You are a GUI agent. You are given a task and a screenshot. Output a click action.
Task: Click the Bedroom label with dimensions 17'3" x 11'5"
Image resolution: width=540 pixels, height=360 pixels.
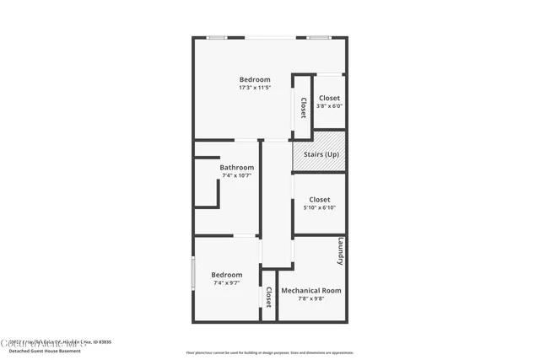click(x=254, y=79)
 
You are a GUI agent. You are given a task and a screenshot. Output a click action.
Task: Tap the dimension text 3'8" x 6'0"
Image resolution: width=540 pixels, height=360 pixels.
click(x=329, y=106)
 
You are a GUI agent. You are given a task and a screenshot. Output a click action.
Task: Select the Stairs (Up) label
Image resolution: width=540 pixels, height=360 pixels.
click(x=321, y=154)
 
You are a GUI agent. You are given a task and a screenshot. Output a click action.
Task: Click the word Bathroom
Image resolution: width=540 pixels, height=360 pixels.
click(x=236, y=167)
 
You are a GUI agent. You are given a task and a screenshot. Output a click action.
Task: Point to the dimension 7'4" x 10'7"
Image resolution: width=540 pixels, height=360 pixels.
click(x=236, y=175)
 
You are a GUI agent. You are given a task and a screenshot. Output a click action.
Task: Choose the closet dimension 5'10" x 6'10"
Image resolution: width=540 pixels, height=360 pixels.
click(x=319, y=208)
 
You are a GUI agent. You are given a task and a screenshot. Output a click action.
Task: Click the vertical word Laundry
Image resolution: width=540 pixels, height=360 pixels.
click(x=340, y=251)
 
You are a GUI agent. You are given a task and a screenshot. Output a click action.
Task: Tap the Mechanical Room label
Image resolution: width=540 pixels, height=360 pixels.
click(x=310, y=290)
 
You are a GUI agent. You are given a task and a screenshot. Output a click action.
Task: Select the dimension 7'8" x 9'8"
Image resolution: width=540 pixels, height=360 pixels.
click(x=310, y=298)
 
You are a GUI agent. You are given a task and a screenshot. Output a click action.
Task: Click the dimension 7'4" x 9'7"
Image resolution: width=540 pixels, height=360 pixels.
click(x=226, y=283)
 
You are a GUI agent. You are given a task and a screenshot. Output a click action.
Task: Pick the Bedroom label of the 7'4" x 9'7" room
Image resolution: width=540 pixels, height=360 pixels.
click(x=226, y=275)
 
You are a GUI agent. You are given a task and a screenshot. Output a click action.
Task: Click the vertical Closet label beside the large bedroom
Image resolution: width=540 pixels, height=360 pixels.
click(x=303, y=108)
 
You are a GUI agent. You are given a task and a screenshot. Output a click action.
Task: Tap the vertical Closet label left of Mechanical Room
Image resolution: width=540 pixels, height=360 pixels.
click(x=268, y=297)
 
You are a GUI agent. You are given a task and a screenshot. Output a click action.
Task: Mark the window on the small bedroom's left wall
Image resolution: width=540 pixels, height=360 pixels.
click(x=193, y=273)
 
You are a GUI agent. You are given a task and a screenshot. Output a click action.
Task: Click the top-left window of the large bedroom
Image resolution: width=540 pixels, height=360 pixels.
click(x=218, y=38)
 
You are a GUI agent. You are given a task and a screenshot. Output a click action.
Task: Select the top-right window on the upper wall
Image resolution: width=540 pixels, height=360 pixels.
click(x=317, y=38)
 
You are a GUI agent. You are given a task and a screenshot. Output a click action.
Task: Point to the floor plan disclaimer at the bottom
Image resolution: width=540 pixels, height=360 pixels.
click(x=269, y=352)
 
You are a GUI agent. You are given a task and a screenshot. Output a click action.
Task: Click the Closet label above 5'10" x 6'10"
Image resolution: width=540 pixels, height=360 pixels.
click(x=319, y=200)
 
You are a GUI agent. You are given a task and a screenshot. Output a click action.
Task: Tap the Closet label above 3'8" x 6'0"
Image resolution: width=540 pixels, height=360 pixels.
click(x=329, y=98)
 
